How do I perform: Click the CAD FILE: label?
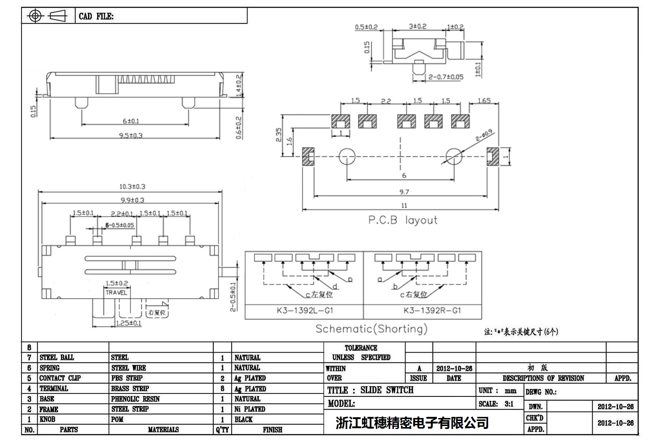point(96,16)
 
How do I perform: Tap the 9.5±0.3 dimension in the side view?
point(130,136)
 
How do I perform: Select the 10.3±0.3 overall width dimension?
point(132,187)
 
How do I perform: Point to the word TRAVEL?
point(116,293)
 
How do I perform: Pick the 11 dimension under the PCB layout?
point(404,206)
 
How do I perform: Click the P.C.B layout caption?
point(403,220)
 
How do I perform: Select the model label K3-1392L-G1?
point(305,311)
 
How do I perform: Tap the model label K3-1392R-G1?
point(432,311)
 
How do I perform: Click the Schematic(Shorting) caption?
point(371,329)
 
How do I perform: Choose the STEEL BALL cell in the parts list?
point(57,358)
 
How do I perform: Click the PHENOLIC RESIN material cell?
point(135,399)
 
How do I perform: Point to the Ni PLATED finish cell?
point(250,409)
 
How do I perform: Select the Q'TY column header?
point(222,430)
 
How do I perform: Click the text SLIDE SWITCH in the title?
point(387,390)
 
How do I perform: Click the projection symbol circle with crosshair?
point(35,16)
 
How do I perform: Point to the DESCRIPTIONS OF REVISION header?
point(543,379)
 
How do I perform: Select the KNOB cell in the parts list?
point(47,419)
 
